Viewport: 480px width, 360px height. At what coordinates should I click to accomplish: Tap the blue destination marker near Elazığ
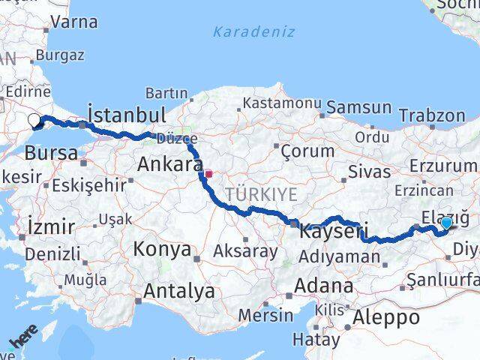click(447, 223)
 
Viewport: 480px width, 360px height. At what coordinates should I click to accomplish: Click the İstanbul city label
click(126, 115)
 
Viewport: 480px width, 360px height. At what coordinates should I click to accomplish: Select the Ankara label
click(169, 164)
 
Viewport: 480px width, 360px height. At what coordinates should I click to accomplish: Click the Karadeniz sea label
click(253, 32)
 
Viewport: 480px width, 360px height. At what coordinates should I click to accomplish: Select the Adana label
click(323, 286)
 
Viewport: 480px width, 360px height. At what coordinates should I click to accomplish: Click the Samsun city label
click(359, 107)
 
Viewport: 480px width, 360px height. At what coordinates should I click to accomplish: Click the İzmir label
click(50, 226)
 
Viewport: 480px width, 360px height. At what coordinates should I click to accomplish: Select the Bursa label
click(51, 154)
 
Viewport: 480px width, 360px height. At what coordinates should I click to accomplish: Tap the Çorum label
click(307, 151)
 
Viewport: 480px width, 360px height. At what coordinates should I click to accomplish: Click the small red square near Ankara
click(209, 174)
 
